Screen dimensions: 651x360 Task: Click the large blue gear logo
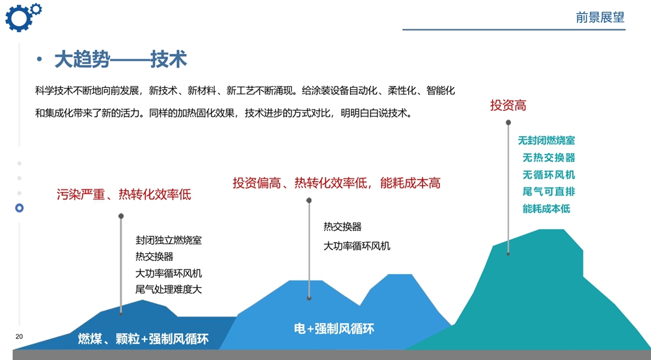click(18, 19)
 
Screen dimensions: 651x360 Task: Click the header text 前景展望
click(600, 18)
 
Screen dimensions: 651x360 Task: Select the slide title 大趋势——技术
click(121, 59)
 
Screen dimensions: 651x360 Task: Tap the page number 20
click(19, 337)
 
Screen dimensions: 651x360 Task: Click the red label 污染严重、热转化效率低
click(124, 195)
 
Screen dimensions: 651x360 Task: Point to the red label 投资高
click(508, 105)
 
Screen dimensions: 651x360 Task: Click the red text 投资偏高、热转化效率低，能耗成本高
click(337, 183)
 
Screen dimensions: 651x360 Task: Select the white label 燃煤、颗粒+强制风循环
click(143, 339)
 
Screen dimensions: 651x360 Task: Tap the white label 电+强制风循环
click(334, 329)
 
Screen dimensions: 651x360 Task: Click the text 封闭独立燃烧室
click(169, 240)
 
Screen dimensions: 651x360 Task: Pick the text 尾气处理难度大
click(169, 289)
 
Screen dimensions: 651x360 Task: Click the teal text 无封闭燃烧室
click(546, 141)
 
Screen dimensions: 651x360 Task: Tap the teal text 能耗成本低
click(546, 208)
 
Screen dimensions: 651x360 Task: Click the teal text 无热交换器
click(549, 158)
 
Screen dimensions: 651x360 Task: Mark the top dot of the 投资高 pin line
click(508, 122)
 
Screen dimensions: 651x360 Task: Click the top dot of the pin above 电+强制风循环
click(309, 200)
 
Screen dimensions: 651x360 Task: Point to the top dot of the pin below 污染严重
click(121, 216)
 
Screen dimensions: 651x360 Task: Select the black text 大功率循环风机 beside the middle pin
click(357, 246)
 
